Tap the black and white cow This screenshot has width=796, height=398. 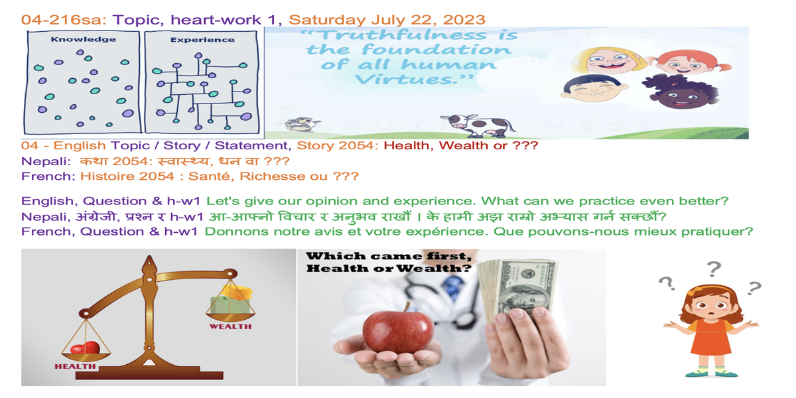point(477,126)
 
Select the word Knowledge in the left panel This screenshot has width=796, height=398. point(83,39)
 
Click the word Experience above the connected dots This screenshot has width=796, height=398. point(202,39)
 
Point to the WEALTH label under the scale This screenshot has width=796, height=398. point(230,326)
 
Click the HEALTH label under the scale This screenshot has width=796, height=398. point(75,366)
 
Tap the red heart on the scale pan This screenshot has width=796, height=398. point(86,348)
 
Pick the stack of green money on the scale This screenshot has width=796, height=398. point(230,305)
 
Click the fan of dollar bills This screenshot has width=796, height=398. point(517,288)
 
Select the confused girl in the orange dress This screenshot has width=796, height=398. point(710,330)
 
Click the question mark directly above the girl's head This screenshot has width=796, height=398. point(714,269)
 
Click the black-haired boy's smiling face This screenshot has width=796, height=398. point(594,89)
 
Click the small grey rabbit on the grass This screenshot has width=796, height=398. point(301,124)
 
